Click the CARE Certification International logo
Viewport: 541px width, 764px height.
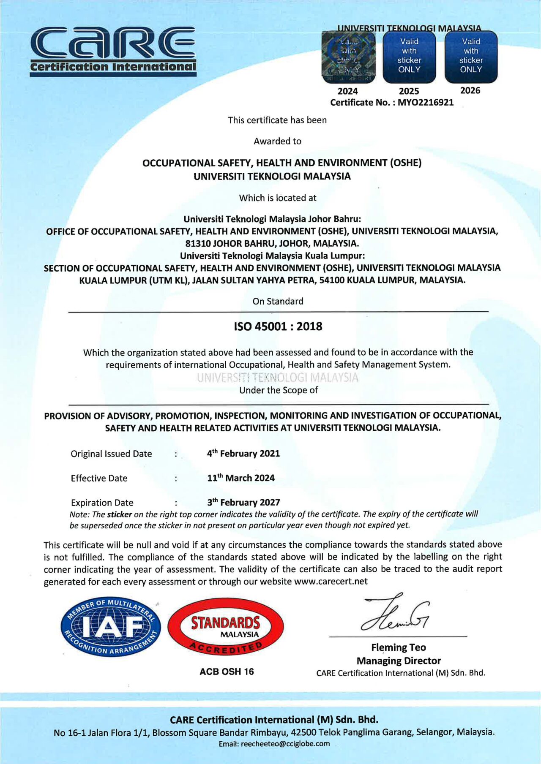click(113, 51)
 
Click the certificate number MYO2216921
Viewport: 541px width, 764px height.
click(425, 103)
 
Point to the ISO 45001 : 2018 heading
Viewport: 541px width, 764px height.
click(278, 326)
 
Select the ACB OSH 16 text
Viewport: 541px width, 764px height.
click(227, 672)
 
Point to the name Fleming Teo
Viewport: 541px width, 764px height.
click(398, 647)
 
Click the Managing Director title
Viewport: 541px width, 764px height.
click(398, 661)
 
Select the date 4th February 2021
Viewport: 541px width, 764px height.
click(243, 454)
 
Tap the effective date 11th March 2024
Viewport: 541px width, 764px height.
click(240, 478)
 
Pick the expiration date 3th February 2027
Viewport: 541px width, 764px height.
click(243, 503)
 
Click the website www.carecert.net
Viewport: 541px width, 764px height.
click(331, 582)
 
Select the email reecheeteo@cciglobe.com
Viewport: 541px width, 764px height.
click(285, 744)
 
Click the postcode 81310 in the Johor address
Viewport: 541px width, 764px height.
click(198, 244)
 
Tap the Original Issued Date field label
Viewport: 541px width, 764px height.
click(111, 454)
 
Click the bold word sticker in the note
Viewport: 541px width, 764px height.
click(119, 514)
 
